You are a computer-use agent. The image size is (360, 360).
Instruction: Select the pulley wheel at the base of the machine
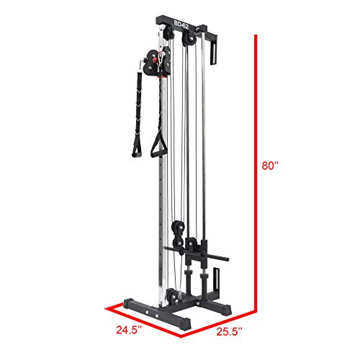(172, 297)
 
